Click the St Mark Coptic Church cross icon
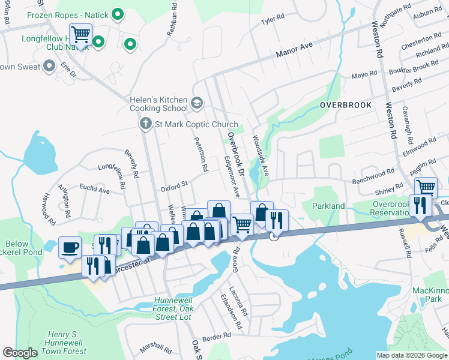tap(145, 124)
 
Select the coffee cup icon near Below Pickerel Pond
tap(70, 247)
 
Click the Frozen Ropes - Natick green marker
tap(118, 13)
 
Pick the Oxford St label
tap(174, 187)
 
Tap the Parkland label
tap(328, 206)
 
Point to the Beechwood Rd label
tap(373, 175)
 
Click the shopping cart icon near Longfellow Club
tap(80, 35)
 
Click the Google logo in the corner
tap(20, 353)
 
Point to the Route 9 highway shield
tap(274, 237)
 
